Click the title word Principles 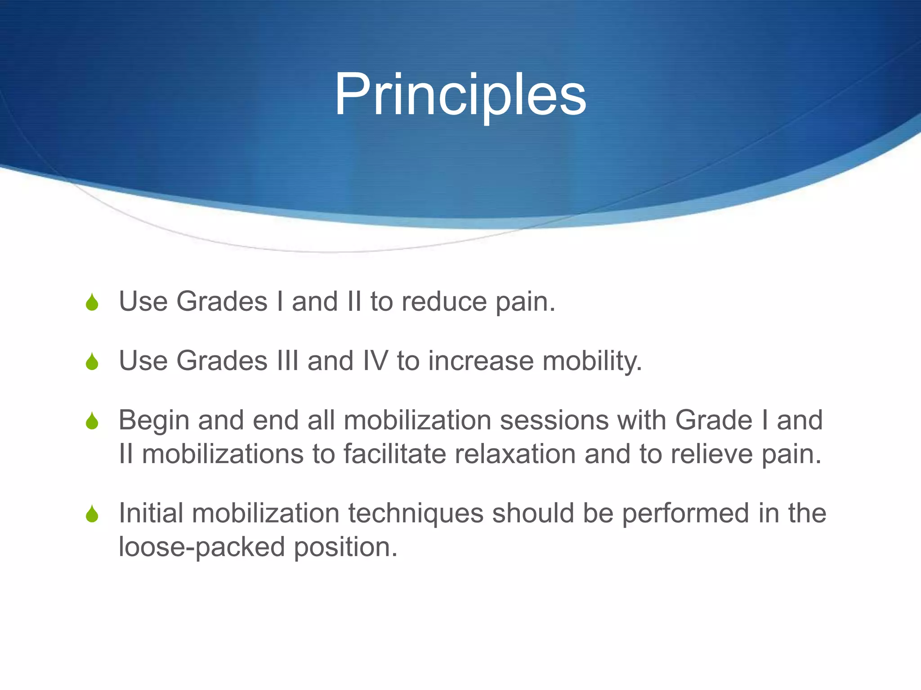(460, 95)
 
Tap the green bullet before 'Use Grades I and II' (92, 302)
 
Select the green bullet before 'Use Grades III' (92, 362)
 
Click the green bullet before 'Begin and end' (92, 421)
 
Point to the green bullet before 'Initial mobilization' (92, 514)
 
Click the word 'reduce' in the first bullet (444, 301)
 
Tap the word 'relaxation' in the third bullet (515, 454)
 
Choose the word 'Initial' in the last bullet (151, 513)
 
